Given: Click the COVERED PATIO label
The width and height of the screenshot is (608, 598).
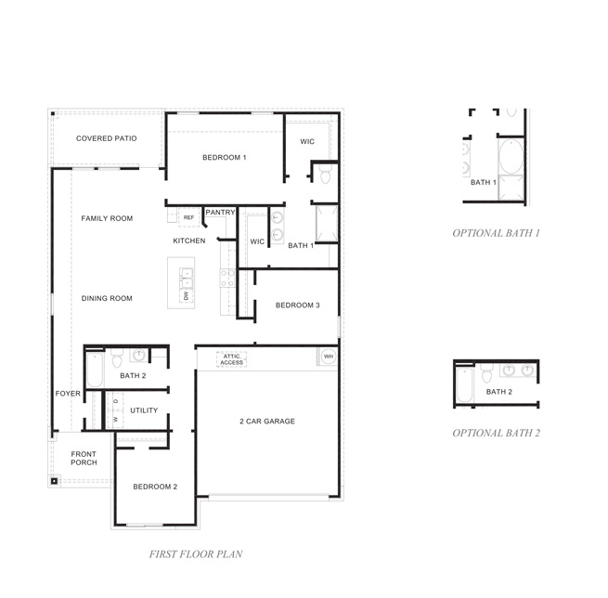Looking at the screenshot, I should coord(106,138).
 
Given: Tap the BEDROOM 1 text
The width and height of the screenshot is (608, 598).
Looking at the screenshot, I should coord(224,158).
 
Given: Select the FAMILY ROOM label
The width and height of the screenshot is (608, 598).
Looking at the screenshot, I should coord(107,218).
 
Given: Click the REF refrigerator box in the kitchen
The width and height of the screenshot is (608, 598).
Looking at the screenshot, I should coord(188,217).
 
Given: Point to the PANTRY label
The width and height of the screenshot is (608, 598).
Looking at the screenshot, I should coord(220,213).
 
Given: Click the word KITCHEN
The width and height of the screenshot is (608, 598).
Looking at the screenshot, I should coord(188,240).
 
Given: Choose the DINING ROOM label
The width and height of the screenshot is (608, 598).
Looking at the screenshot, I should coord(107,298).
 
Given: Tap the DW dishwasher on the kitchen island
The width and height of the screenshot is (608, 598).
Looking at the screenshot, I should coord(186,295).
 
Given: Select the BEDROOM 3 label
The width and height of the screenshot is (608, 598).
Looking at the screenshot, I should coord(297,305).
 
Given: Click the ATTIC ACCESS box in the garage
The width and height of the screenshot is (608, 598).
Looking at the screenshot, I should coord(232,358).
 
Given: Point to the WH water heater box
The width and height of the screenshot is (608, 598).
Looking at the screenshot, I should coord(328,356).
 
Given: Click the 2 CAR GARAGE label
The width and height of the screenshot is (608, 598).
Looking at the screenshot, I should coord(266,421).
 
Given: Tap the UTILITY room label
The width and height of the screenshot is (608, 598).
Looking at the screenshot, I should coord(144,409).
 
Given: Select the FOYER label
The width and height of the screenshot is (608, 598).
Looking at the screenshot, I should coord(68,394).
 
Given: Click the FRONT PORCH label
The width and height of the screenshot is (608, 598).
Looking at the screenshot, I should coord(84,458).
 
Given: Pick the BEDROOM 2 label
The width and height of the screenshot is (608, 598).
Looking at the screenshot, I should coord(154,487).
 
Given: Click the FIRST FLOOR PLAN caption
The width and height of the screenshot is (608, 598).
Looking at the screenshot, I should coord(196,554).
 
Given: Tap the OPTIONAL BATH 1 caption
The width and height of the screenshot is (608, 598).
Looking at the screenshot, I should coord(496,232).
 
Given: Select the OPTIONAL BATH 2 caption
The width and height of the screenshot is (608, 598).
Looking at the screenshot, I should coord(496,433).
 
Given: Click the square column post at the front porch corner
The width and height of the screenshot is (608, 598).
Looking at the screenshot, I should coord(55,481).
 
